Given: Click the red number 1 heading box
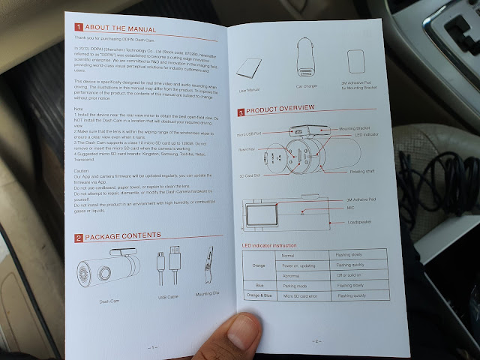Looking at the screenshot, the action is coord(78,28).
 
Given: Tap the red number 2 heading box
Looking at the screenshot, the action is coord(78,238).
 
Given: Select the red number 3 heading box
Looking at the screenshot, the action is coord(241,112).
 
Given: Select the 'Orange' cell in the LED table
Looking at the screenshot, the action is coord(259,265).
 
